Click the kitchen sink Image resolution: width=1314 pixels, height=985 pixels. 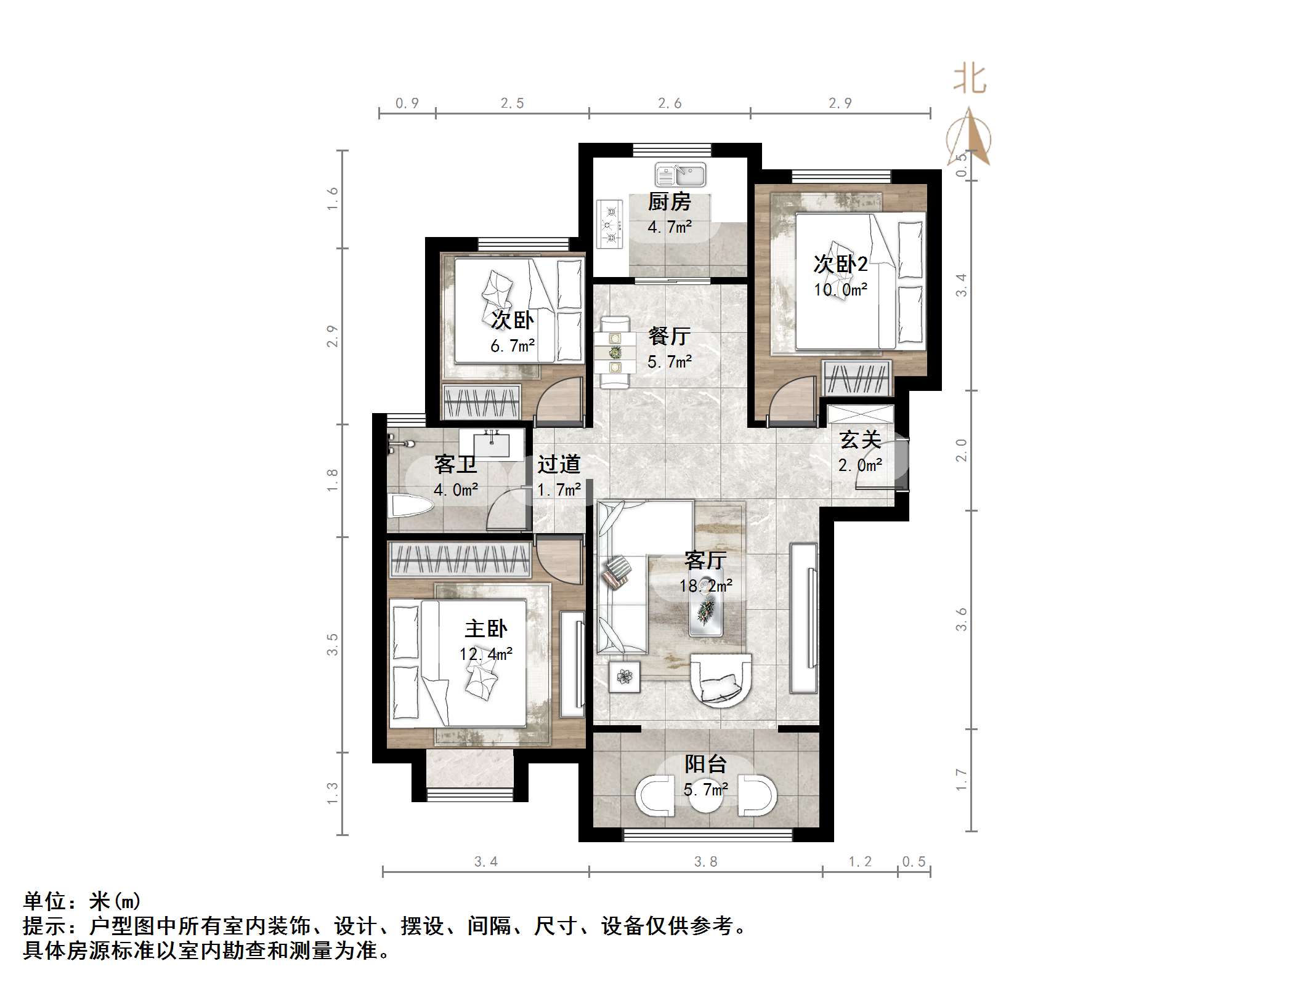[680, 175]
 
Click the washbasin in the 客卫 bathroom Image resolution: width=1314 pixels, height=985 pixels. [491, 444]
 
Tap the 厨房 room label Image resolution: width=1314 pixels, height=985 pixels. [669, 202]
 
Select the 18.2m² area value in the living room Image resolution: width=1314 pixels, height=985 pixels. [705, 585]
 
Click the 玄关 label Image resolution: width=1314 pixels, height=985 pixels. [860, 440]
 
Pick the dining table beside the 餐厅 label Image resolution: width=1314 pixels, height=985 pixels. [615, 353]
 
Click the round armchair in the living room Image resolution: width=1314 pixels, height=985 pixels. [721, 681]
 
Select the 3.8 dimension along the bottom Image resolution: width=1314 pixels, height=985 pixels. [705, 861]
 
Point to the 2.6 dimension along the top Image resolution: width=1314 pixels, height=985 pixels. [669, 103]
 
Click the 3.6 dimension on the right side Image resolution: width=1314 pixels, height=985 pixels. [961, 619]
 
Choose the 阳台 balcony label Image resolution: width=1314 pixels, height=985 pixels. [706, 764]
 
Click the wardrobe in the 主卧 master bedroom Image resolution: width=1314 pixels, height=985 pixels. [460, 560]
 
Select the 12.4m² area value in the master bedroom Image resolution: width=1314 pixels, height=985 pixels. [485, 653]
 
